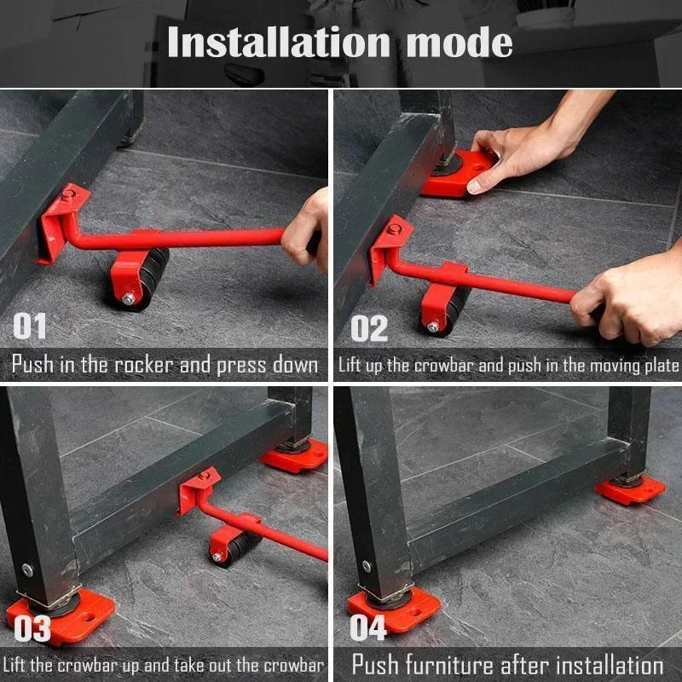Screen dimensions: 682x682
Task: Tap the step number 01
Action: coord(31,327)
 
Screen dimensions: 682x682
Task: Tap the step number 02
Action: coord(369,328)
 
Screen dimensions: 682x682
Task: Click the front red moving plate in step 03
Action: coord(60,614)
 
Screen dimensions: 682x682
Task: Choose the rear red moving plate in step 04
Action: coord(631,489)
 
